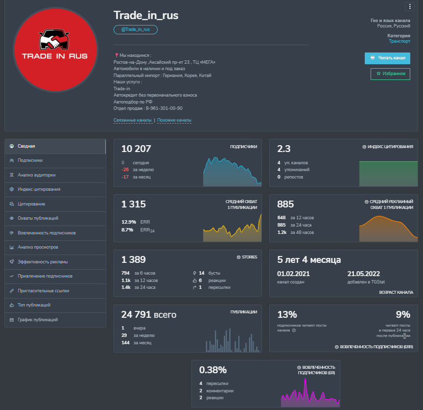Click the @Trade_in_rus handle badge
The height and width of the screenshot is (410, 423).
[136, 29]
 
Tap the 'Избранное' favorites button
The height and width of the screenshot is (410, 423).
[390, 74]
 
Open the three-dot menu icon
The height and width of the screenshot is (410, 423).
[409, 6]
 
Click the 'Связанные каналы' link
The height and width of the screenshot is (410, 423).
[133, 120]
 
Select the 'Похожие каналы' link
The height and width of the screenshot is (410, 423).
[174, 120]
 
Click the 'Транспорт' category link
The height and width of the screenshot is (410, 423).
[399, 41]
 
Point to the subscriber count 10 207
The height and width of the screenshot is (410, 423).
[136, 149]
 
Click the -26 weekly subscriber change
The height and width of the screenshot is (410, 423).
[125, 170]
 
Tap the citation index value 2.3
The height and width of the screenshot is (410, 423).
[284, 149]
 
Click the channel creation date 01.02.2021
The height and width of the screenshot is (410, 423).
[293, 274]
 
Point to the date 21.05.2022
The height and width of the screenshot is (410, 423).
[363, 274]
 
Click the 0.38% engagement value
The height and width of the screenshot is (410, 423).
[213, 370]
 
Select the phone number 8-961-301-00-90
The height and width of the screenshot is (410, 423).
[164, 108]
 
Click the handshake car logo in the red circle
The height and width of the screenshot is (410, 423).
[54, 39]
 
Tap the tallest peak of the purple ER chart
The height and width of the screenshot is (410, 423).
[305, 379]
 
